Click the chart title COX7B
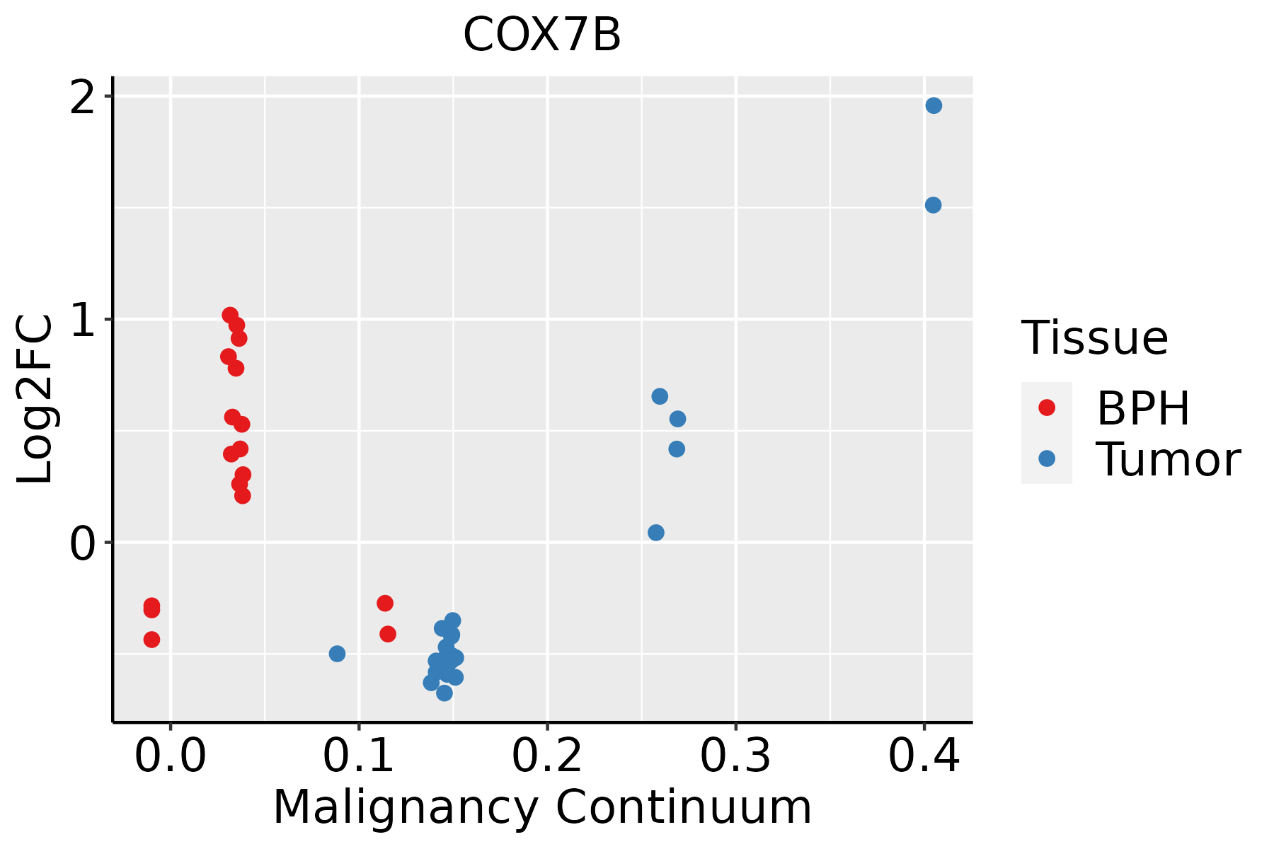541,35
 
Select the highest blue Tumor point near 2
934,105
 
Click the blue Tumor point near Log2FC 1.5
933,205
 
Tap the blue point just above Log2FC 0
656,533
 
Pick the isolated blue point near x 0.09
337,654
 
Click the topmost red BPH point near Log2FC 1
230,315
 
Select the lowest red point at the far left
151,640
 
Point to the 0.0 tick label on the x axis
170,756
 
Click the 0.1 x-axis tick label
359,756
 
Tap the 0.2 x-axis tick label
547,756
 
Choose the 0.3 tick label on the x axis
735,756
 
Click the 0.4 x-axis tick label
924,756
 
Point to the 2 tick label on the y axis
83,97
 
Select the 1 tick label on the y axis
83,320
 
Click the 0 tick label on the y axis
83,544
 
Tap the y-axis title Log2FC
35,400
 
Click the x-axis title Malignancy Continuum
542,808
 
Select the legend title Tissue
1094,338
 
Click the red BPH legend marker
1046,408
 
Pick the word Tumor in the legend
1168,460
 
